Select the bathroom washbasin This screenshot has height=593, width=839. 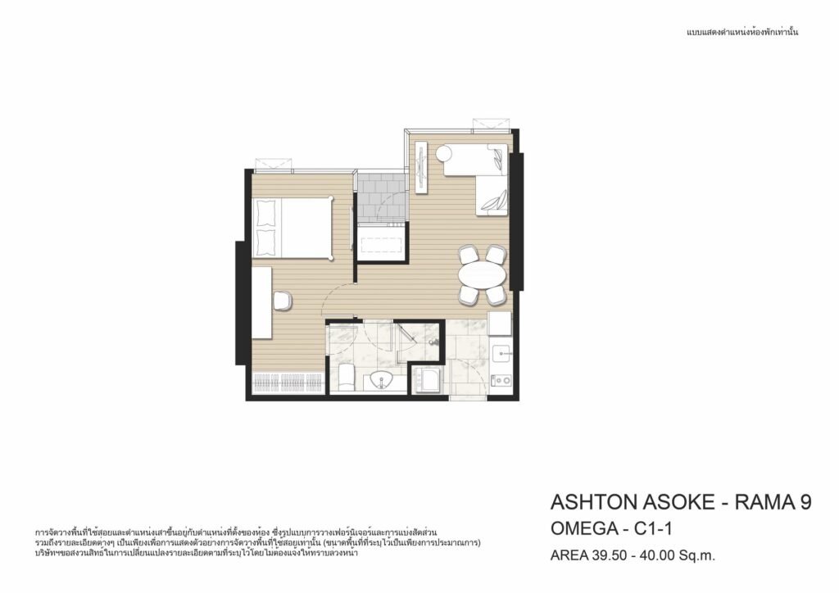tap(382, 380)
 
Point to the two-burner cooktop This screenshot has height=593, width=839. tap(502, 380)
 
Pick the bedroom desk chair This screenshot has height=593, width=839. tap(282, 301)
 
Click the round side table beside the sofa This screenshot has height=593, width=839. tap(443, 154)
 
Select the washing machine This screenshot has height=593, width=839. tap(426, 380)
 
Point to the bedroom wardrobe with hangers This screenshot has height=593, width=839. tap(288, 383)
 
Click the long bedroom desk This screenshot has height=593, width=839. tap(262, 302)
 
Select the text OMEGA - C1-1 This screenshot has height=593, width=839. tap(611, 528)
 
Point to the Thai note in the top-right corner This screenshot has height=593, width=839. tap(742, 32)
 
